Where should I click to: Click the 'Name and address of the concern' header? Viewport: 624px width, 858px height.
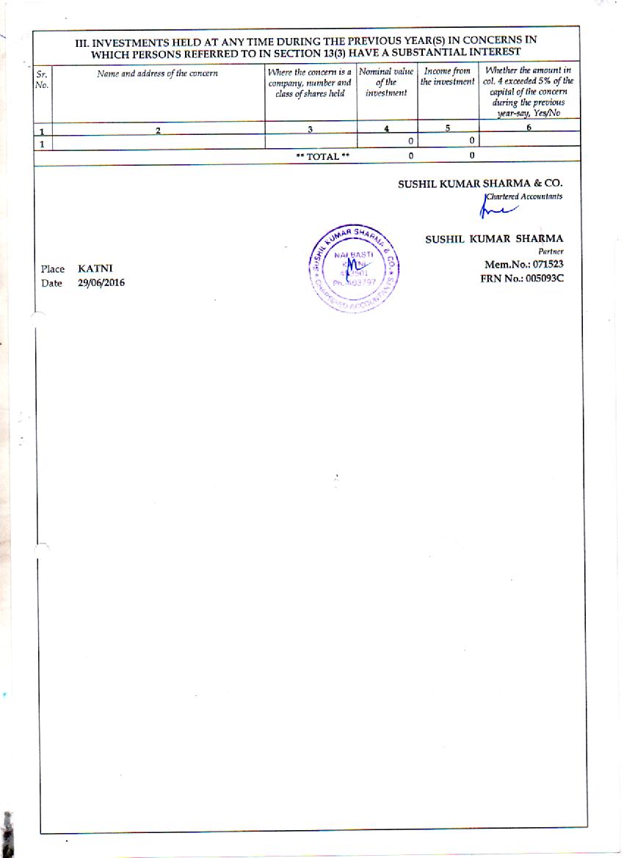coord(157,74)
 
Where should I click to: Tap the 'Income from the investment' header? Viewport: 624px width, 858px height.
coord(448,76)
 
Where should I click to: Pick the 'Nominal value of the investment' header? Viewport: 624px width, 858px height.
coord(386,82)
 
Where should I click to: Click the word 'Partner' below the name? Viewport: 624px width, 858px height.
coord(550,251)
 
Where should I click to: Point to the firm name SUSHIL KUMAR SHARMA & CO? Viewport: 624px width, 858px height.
coord(480,185)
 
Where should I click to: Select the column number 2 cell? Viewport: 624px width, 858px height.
coord(158,131)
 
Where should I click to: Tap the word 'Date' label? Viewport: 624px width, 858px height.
coord(51,283)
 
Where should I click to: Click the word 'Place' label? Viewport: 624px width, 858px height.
coord(53,269)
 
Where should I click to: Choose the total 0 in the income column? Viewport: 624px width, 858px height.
coord(471,155)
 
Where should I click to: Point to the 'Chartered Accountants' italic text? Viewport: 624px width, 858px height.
coord(523,197)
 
